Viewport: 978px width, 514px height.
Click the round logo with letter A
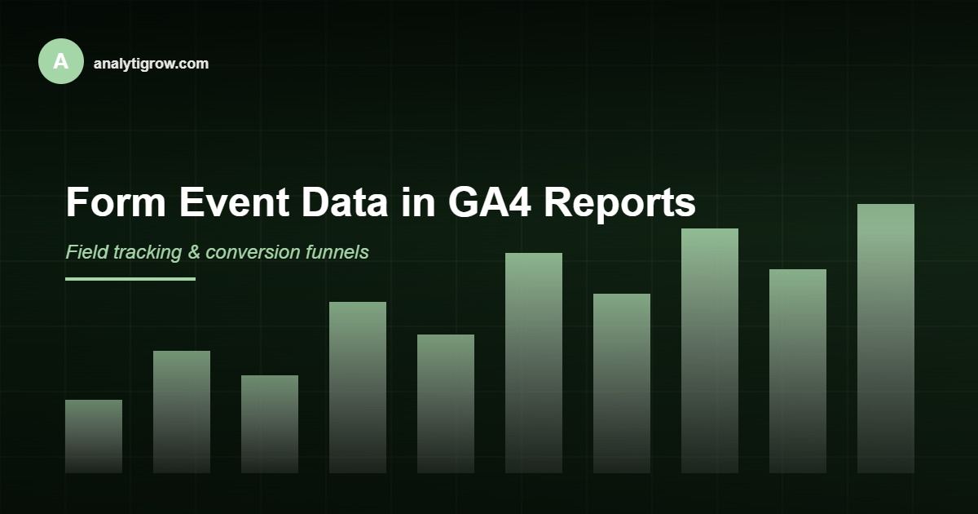point(61,61)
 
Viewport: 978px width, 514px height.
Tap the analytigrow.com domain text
point(151,63)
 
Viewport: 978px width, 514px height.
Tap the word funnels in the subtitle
point(336,252)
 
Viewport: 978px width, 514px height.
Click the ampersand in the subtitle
point(194,252)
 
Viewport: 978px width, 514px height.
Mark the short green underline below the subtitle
point(130,279)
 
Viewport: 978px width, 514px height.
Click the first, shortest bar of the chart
point(94,436)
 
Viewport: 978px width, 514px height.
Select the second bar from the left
point(182,412)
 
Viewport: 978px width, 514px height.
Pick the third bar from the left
point(270,424)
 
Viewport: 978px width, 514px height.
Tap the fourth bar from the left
point(358,388)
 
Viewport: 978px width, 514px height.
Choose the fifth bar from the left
point(446,404)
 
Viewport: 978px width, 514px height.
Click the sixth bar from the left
point(534,363)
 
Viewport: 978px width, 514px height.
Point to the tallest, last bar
point(886,339)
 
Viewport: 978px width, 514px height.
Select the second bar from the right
point(798,371)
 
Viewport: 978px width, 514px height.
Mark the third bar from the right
point(710,351)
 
